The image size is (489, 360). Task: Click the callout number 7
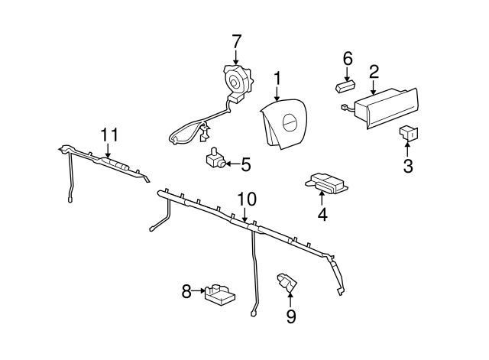(236, 41)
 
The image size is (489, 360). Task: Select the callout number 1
(277, 79)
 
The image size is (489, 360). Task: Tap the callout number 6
(348, 59)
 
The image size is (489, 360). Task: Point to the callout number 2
(374, 71)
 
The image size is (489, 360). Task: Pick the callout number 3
(408, 166)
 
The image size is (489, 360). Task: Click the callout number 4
(322, 214)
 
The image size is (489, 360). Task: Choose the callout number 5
(246, 164)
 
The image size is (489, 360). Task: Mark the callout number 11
(109, 135)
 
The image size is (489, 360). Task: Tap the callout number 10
(247, 199)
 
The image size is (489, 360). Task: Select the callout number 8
(186, 292)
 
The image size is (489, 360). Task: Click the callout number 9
(290, 316)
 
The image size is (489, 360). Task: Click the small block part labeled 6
(345, 86)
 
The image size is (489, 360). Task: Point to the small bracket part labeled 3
(409, 134)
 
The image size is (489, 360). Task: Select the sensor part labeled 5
(216, 158)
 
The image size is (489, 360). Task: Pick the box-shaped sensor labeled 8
(220, 295)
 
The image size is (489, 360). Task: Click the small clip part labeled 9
(287, 282)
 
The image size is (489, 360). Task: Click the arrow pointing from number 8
(199, 290)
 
